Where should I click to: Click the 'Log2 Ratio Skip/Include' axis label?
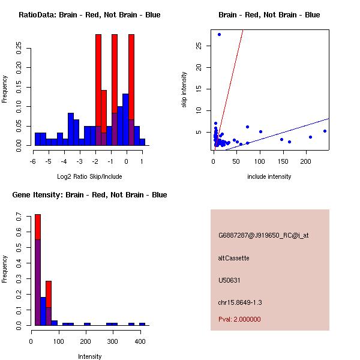pyautogui.click(x=89, y=176)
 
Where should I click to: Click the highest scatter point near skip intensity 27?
pyautogui.click(x=219, y=34)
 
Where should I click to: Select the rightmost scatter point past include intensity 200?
pyautogui.click(x=325, y=131)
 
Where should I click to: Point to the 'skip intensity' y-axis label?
pyautogui.click(x=184, y=90)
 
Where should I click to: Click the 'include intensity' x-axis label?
pyautogui.click(x=269, y=176)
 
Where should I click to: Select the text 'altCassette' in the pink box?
pyautogui.click(x=233, y=258)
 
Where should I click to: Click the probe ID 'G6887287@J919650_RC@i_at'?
pyautogui.click(x=263, y=236)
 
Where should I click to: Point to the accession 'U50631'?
pyautogui.click(x=229, y=280)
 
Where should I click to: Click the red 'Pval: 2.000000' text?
pyautogui.click(x=239, y=319)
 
